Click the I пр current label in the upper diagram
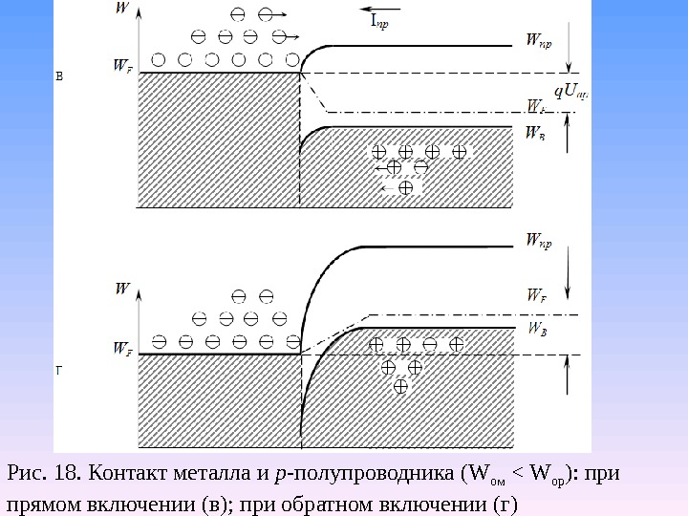(x=378, y=21)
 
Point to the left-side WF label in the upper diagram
(x=122, y=66)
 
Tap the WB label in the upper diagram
(x=536, y=136)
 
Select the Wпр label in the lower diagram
(x=538, y=242)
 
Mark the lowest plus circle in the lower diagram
(x=400, y=386)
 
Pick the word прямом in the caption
(x=44, y=503)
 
